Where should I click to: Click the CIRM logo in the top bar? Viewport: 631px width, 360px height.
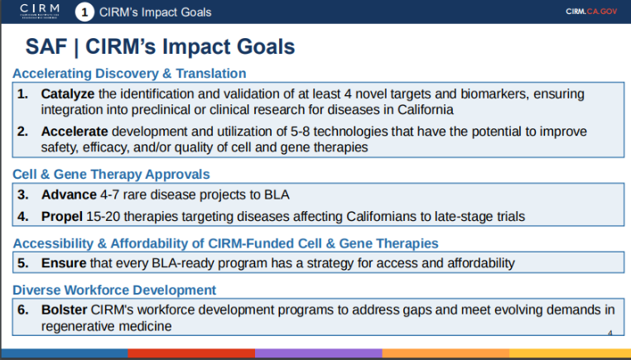(40, 12)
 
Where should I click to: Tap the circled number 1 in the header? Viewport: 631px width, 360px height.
(84, 12)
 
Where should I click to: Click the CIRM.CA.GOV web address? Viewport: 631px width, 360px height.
(591, 12)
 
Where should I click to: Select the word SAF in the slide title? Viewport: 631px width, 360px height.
(46, 46)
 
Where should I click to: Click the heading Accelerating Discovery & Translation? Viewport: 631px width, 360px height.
(129, 73)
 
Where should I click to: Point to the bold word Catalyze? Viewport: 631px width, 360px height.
(68, 94)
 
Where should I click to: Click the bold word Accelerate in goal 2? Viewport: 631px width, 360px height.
(75, 132)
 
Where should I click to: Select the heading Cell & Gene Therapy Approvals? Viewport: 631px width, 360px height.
(111, 174)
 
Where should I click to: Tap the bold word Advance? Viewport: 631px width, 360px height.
(69, 194)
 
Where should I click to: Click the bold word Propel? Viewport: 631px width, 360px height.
(62, 216)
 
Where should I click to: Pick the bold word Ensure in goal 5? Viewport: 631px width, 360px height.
(64, 263)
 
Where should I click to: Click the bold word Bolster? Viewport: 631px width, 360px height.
(64, 310)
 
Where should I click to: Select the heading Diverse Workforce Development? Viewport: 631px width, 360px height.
(114, 290)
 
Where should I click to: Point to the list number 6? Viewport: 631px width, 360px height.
(23, 310)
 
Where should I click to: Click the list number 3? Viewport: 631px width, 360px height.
(23, 194)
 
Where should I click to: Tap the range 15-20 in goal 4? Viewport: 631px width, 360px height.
(103, 216)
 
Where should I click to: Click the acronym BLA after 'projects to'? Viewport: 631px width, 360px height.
(277, 194)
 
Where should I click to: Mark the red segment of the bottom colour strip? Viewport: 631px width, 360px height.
(191, 353)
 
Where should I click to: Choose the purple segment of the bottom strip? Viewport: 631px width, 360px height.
(318, 353)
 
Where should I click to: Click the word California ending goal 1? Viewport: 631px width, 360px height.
(426, 109)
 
